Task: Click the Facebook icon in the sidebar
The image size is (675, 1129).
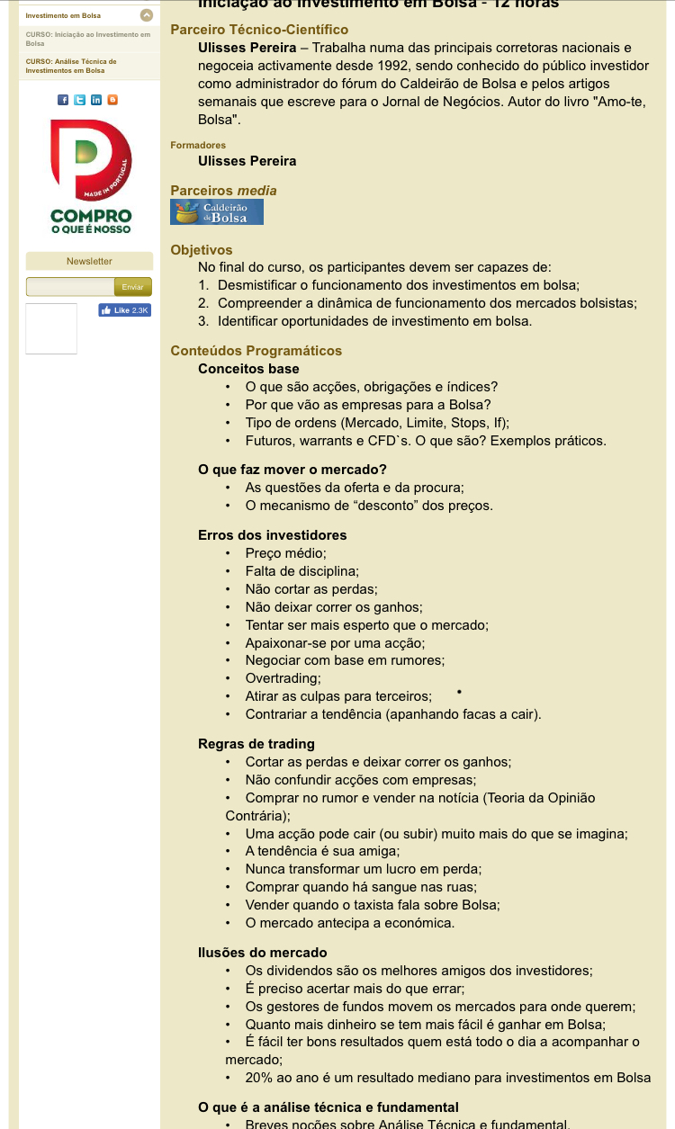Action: (63, 100)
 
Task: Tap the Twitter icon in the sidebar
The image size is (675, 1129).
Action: (79, 100)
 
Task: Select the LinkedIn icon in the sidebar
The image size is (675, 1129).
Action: (96, 100)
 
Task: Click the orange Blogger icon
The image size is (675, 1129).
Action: (112, 100)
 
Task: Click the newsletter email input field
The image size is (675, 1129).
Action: (70, 287)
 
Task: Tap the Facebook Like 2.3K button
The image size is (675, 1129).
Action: (125, 310)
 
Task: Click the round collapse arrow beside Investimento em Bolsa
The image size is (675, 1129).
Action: (147, 15)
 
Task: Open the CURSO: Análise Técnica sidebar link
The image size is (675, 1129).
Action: (71, 66)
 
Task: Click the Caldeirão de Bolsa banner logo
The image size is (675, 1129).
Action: (217, 212)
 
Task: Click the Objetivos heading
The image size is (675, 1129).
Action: (202, 250)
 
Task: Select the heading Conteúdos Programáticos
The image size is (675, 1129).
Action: (256, 351)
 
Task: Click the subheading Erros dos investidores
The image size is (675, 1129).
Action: (272, 535)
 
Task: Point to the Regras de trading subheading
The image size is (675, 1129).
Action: (256, 744)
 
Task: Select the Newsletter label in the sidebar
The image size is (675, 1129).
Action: (89, 261)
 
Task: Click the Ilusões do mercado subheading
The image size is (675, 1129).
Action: (263, 953)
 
